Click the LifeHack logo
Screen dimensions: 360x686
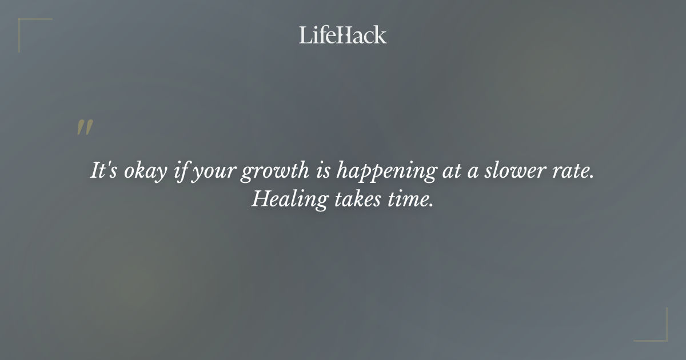click(343, 35)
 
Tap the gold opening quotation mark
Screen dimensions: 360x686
click(85, 128)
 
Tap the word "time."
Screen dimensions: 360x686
click(408, 200)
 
